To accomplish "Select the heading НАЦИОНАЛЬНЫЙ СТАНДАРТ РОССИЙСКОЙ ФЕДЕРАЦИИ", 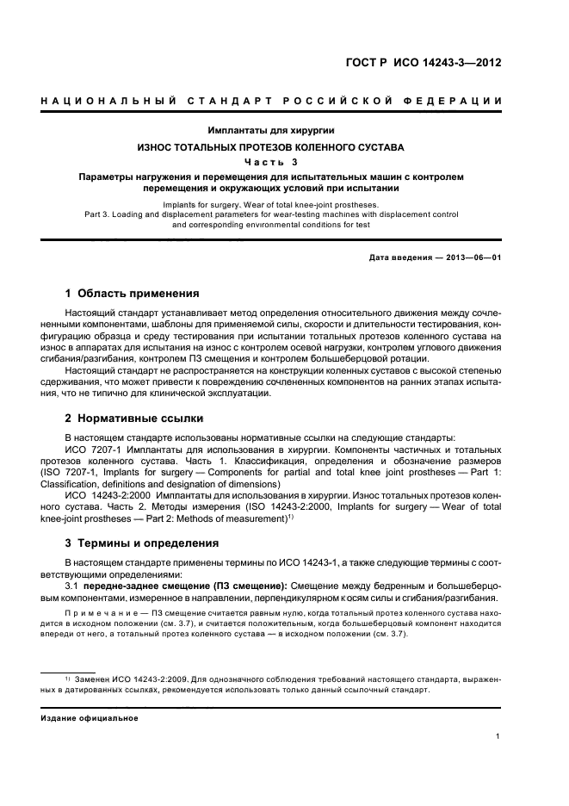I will [271, 102].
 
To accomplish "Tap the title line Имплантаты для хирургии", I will [270, 131].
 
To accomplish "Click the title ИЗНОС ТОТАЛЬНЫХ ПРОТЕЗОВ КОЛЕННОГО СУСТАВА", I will [270, 147].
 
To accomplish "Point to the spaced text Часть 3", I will [270, 162].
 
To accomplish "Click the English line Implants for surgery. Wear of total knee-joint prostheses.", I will [270, 205].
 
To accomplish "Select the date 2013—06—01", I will [472, 257].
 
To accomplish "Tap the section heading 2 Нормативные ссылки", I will [134, 418].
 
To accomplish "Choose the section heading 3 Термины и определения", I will [143, 543].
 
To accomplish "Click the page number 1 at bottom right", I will [498, 736].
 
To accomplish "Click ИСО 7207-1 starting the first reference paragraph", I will [93, 449].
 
